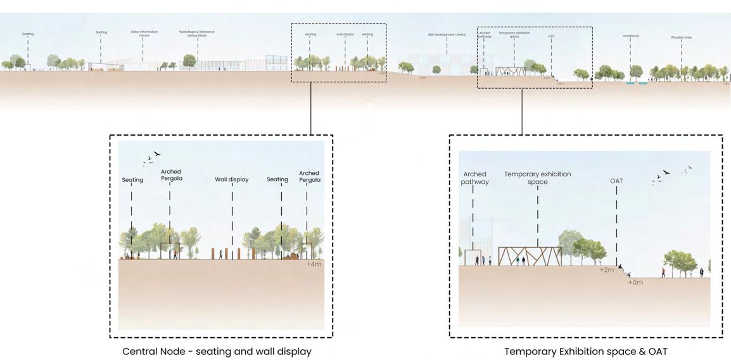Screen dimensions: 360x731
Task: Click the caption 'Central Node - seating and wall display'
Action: [x=217, y=351]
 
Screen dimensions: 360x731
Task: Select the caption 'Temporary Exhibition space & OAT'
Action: [x=585, y=351]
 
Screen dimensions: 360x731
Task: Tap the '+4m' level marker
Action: [x=314, y=264]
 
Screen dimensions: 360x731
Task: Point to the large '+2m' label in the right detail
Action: [x=607, y=270]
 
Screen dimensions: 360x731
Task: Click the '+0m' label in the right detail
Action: [x=635, y=282]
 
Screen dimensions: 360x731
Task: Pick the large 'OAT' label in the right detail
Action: [x=616, y=181]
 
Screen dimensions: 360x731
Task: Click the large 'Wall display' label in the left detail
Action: [x=232, y=179]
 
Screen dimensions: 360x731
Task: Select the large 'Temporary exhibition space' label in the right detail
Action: [x=537, y=177]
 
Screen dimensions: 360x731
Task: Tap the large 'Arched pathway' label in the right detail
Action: [x=474, y=177]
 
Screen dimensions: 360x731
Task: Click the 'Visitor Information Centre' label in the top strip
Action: [x=144, y=34]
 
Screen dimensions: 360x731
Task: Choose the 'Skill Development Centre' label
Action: [x=446, y=35]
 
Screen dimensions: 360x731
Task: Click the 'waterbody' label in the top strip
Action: [x=630, y=36]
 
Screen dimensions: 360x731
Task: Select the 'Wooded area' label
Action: [x=681, y=37]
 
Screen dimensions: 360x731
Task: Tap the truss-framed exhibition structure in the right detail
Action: [x=530, y=256]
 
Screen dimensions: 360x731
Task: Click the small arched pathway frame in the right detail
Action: [x=473, y=257]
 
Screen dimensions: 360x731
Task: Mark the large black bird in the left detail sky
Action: [x=156, y=153]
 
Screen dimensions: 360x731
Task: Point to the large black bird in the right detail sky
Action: [x=666, y=172]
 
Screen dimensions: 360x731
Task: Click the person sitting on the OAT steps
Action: [x=621, y=267]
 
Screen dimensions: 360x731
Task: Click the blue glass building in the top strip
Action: [x=276, y=62]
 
